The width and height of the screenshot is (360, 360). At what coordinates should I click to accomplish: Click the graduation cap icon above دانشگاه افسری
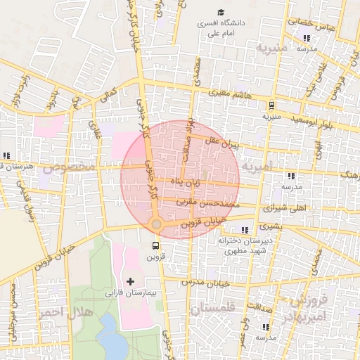pyautogui.click(x=221, y=13)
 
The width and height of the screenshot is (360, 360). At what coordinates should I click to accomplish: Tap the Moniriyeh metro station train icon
pyautogui.click(x=270, y=105)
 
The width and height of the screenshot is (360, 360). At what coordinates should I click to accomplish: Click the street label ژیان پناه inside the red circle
pyautogui.click(x=198, y=183)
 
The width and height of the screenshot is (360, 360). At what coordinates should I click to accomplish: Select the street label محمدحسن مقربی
pyautogui.click(x=207, y=203)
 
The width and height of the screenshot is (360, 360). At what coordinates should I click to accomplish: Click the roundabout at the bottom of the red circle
pyautogui.click(x=156, y=224)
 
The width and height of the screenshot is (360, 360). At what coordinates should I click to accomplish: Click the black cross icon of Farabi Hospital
pyautogui.click(x=130, y=281)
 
